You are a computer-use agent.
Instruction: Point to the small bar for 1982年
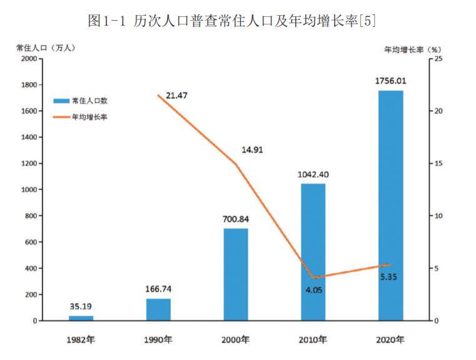point(81,318)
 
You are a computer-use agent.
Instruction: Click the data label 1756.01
point(391,81)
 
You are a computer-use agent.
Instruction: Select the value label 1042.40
point(313,175)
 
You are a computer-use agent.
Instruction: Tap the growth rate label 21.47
point(177,95)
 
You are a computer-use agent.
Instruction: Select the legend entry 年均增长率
point(89,116)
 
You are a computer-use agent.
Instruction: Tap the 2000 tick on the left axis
point(29,58)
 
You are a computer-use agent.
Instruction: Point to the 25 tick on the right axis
point(438,58)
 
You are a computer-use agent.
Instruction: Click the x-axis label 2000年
point(236,340)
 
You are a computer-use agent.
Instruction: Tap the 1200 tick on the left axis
point(29,163)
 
